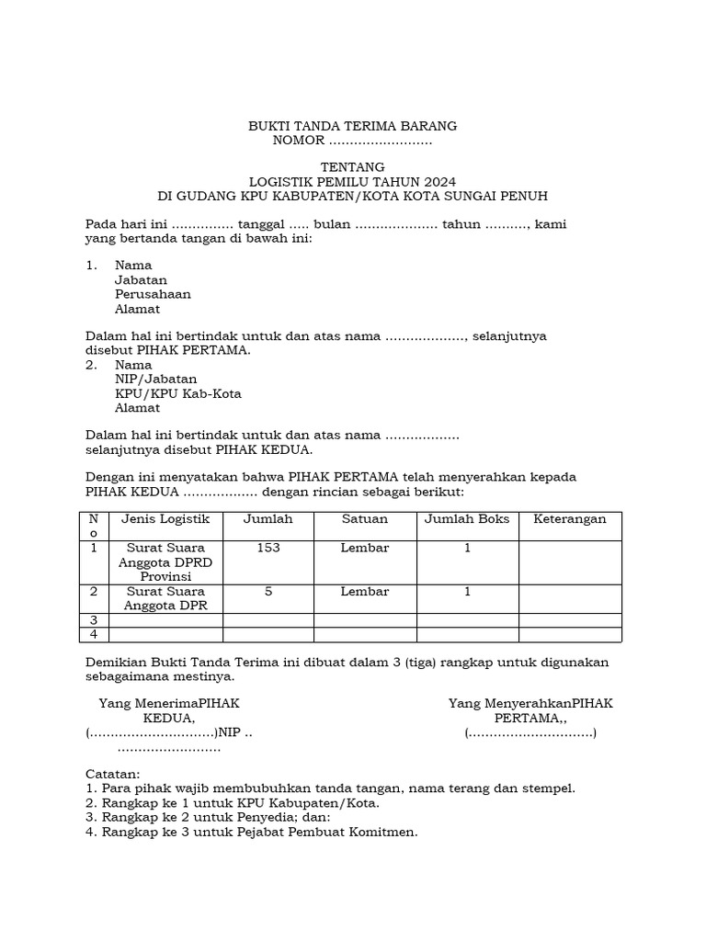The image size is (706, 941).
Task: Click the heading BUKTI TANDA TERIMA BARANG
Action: click(353, 126)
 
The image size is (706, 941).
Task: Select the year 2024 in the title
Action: click(437, 182)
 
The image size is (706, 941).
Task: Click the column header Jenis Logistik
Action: click(165, 519)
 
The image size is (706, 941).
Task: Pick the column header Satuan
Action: click(365, 519)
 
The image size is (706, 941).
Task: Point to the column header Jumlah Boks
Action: click(467, 519)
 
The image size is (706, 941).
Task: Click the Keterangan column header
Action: click(570, 519)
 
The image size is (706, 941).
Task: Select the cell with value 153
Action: click(268, 548)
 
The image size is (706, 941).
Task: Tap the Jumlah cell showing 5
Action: click(268, 592)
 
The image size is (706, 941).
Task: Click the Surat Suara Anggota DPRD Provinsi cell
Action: click(165, 561)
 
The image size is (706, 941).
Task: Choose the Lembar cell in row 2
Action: click(365, 592)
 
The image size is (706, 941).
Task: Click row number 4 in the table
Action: click(94, 635)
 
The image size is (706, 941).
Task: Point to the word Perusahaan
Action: click(153, 294)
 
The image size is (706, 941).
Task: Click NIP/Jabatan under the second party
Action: click(155, 379)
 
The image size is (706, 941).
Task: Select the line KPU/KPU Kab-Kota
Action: click(177, 393)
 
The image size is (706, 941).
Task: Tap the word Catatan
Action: click(112, 774)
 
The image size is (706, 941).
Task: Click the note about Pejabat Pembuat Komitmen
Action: click(251, 833)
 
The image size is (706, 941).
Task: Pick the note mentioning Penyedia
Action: click(208, 818)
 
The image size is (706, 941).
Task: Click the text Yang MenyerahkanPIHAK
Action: click(530, 703)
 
